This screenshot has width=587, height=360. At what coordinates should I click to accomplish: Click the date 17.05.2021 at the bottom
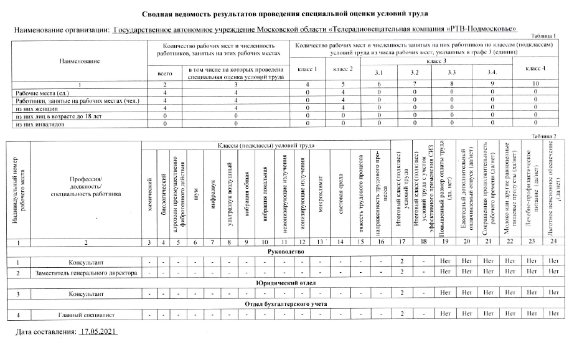pos(99,333)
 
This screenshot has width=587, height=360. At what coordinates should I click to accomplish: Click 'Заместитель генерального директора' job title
pos(86,273)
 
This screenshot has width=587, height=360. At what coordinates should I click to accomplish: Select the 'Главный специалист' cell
pos(86,314)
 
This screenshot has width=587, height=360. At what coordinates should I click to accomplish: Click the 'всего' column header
pos(164,74)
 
